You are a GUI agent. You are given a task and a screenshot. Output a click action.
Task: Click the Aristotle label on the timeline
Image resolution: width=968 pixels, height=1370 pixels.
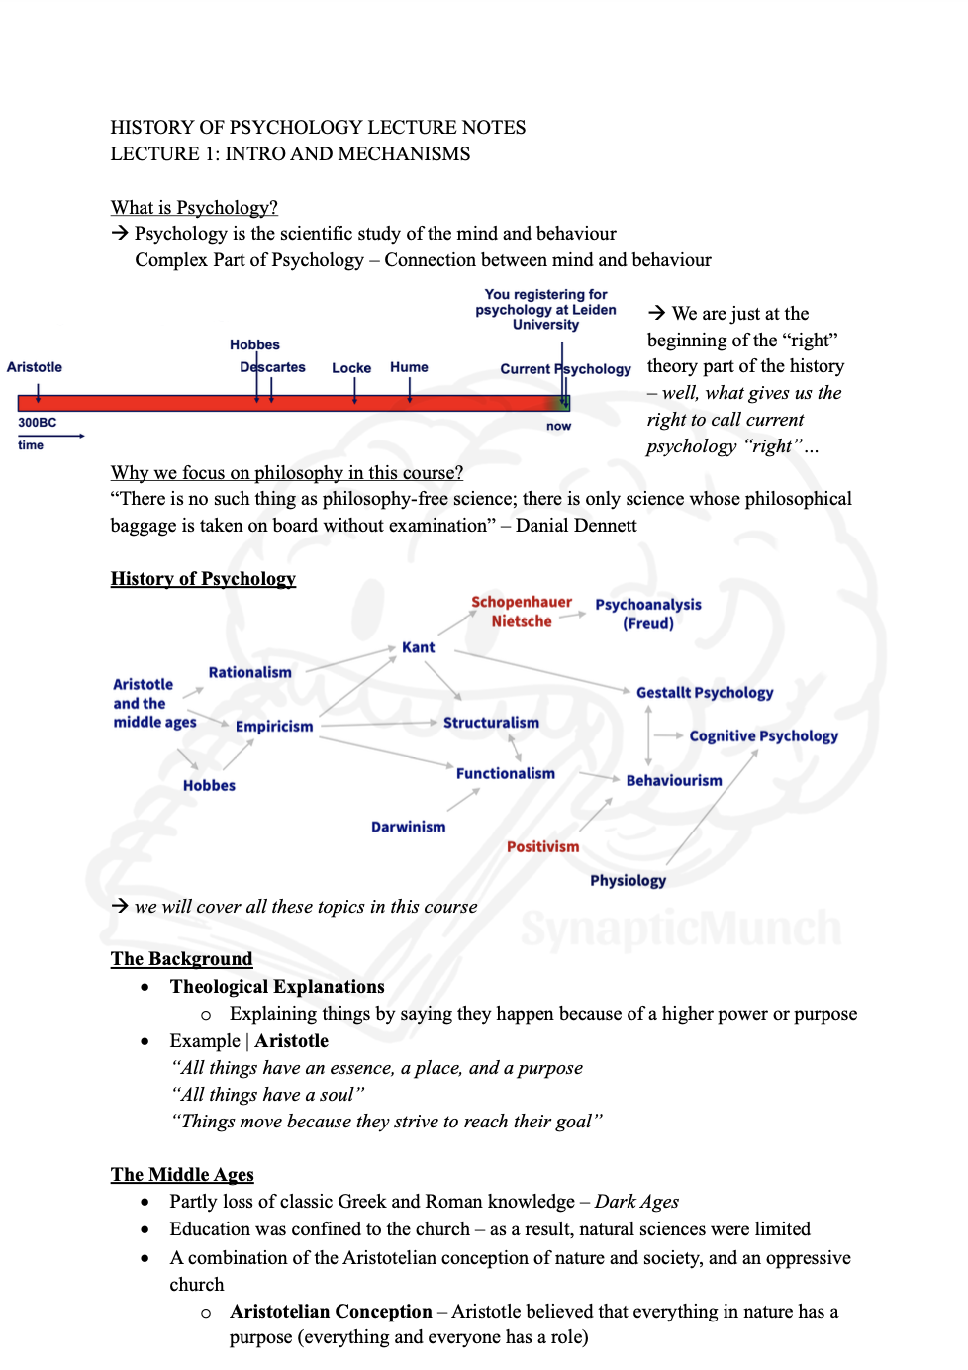tap(35, 367)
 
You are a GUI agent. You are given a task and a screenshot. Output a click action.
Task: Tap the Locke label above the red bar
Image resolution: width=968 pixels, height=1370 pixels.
tap(351, 368)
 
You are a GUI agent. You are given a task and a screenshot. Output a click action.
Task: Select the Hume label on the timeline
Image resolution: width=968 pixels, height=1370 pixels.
tap(409, 367)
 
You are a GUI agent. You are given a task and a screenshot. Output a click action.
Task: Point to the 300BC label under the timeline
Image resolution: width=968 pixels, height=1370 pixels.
tap(38, 423)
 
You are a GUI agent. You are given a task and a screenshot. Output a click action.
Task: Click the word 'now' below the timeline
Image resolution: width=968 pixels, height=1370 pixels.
tap(558, 427)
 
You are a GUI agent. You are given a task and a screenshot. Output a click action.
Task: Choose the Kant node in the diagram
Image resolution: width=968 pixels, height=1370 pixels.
tap(418, 647)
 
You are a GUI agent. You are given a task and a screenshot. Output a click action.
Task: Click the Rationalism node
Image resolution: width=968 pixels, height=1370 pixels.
tap(249, 672)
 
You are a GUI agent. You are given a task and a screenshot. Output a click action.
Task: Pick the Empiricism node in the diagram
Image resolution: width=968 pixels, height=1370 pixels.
tap(274, 726)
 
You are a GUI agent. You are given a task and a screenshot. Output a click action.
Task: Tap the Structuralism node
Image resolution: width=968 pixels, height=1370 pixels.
tap(491, 723)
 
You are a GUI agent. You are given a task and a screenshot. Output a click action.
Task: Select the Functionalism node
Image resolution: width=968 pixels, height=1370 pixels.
tap(505, 773)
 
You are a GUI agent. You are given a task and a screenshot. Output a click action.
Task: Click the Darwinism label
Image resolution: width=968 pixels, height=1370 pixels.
tap(408, 827)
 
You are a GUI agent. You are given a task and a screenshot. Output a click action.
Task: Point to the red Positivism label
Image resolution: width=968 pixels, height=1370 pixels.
tap(542, 846)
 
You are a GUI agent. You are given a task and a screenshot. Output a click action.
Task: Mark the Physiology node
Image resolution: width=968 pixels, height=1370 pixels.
tap(628, 880)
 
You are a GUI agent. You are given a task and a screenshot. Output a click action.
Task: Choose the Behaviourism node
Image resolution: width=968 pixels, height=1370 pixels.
tap(674, 780)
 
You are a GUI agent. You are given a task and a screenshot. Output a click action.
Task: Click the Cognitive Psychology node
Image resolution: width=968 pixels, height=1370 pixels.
tap(763, 735)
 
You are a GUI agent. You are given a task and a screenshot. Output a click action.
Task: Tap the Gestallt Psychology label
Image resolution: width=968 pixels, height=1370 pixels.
tap(705, 693)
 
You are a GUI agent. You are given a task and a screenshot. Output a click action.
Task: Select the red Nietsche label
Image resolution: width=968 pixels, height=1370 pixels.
tap(522, 621)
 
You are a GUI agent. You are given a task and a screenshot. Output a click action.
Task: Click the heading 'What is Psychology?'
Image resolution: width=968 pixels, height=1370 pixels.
tap(194, 207)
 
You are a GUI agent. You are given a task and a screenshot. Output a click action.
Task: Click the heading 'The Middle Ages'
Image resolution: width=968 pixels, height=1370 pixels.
tap(182, 1174)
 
